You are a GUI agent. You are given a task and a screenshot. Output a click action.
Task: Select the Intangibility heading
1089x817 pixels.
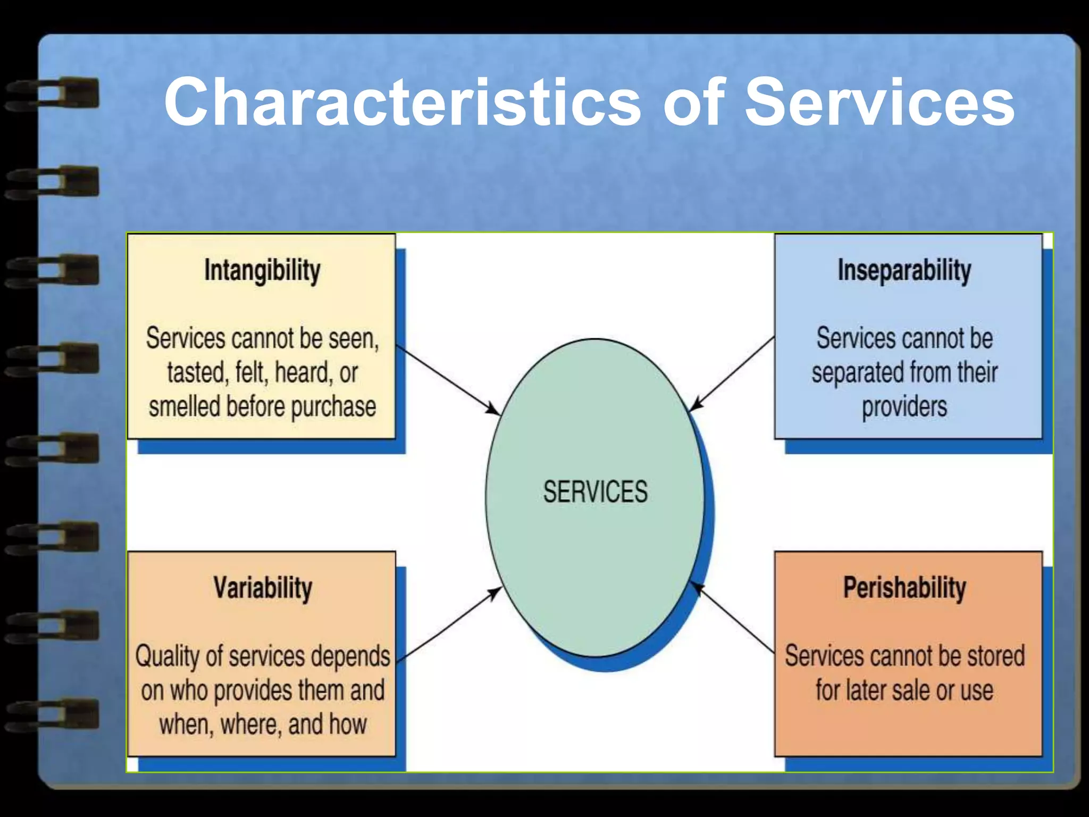click(262, 270)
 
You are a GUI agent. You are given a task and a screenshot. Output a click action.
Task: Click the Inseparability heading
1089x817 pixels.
click(904, 270)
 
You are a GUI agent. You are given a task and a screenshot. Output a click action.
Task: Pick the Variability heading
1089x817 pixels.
click(263, 588)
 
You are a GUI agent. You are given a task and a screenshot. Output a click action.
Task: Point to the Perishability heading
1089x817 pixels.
click(904, 588)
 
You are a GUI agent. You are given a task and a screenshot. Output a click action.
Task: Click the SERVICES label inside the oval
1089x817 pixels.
click(595, 491)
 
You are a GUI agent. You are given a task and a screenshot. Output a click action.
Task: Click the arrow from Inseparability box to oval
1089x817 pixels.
click(732, 373)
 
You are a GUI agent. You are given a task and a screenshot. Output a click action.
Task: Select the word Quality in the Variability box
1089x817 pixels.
click(167, 656)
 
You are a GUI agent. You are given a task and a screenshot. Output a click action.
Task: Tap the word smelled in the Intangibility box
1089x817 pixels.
click(185, 406)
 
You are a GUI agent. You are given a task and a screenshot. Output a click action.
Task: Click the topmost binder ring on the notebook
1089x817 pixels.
click(53, 94)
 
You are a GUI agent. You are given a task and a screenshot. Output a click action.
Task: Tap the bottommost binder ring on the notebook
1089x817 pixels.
click(53, 714)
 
